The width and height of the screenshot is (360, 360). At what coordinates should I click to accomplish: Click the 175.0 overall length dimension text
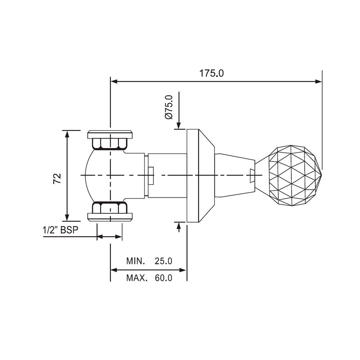tap(212, 73)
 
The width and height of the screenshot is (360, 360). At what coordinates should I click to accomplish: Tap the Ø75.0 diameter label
tap(168, 107)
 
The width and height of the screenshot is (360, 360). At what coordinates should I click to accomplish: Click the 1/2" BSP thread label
tap(60, 231)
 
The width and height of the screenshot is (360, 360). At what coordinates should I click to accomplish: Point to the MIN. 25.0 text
tap(149, 261)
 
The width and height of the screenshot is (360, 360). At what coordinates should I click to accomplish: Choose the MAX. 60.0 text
tap(149, 278)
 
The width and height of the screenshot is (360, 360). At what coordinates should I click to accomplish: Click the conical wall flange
tap(200, 175)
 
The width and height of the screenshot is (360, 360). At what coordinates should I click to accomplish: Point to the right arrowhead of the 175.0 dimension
tap(319, 81)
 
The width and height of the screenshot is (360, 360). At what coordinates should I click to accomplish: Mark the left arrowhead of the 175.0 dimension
tap(114, 81)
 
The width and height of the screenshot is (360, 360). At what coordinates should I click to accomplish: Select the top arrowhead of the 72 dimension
tap(67, 134)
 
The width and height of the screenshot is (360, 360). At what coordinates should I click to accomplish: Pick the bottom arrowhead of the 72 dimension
tap(67, 217)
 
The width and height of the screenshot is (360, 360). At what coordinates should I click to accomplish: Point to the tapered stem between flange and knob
tap(232, 175)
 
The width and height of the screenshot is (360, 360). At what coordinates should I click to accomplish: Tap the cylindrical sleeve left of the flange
tap(167, 175)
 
